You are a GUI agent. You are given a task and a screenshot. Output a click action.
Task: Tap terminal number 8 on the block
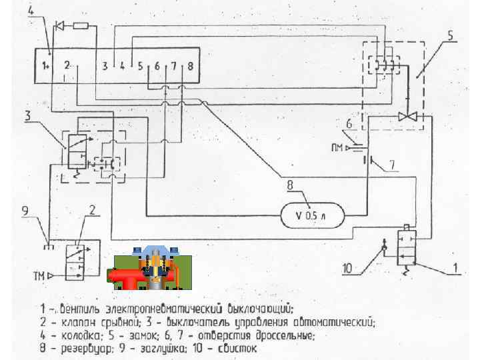click(191, 66)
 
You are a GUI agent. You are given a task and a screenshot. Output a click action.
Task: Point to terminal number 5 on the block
click(140, 66)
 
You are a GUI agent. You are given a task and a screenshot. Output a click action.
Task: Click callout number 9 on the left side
click(25, 212)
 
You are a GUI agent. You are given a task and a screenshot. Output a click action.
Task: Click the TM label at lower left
click(39, 275)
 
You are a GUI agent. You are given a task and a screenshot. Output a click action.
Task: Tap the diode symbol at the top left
click(60, 26)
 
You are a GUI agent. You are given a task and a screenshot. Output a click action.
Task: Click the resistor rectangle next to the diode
click(81, 26)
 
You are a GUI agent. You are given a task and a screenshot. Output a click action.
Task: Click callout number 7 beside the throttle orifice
click(393, 162)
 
